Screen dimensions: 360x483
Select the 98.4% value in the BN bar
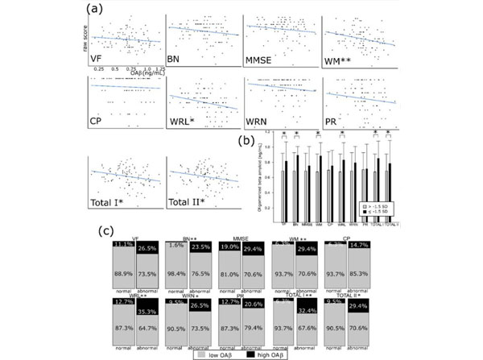(x=175, y=275)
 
